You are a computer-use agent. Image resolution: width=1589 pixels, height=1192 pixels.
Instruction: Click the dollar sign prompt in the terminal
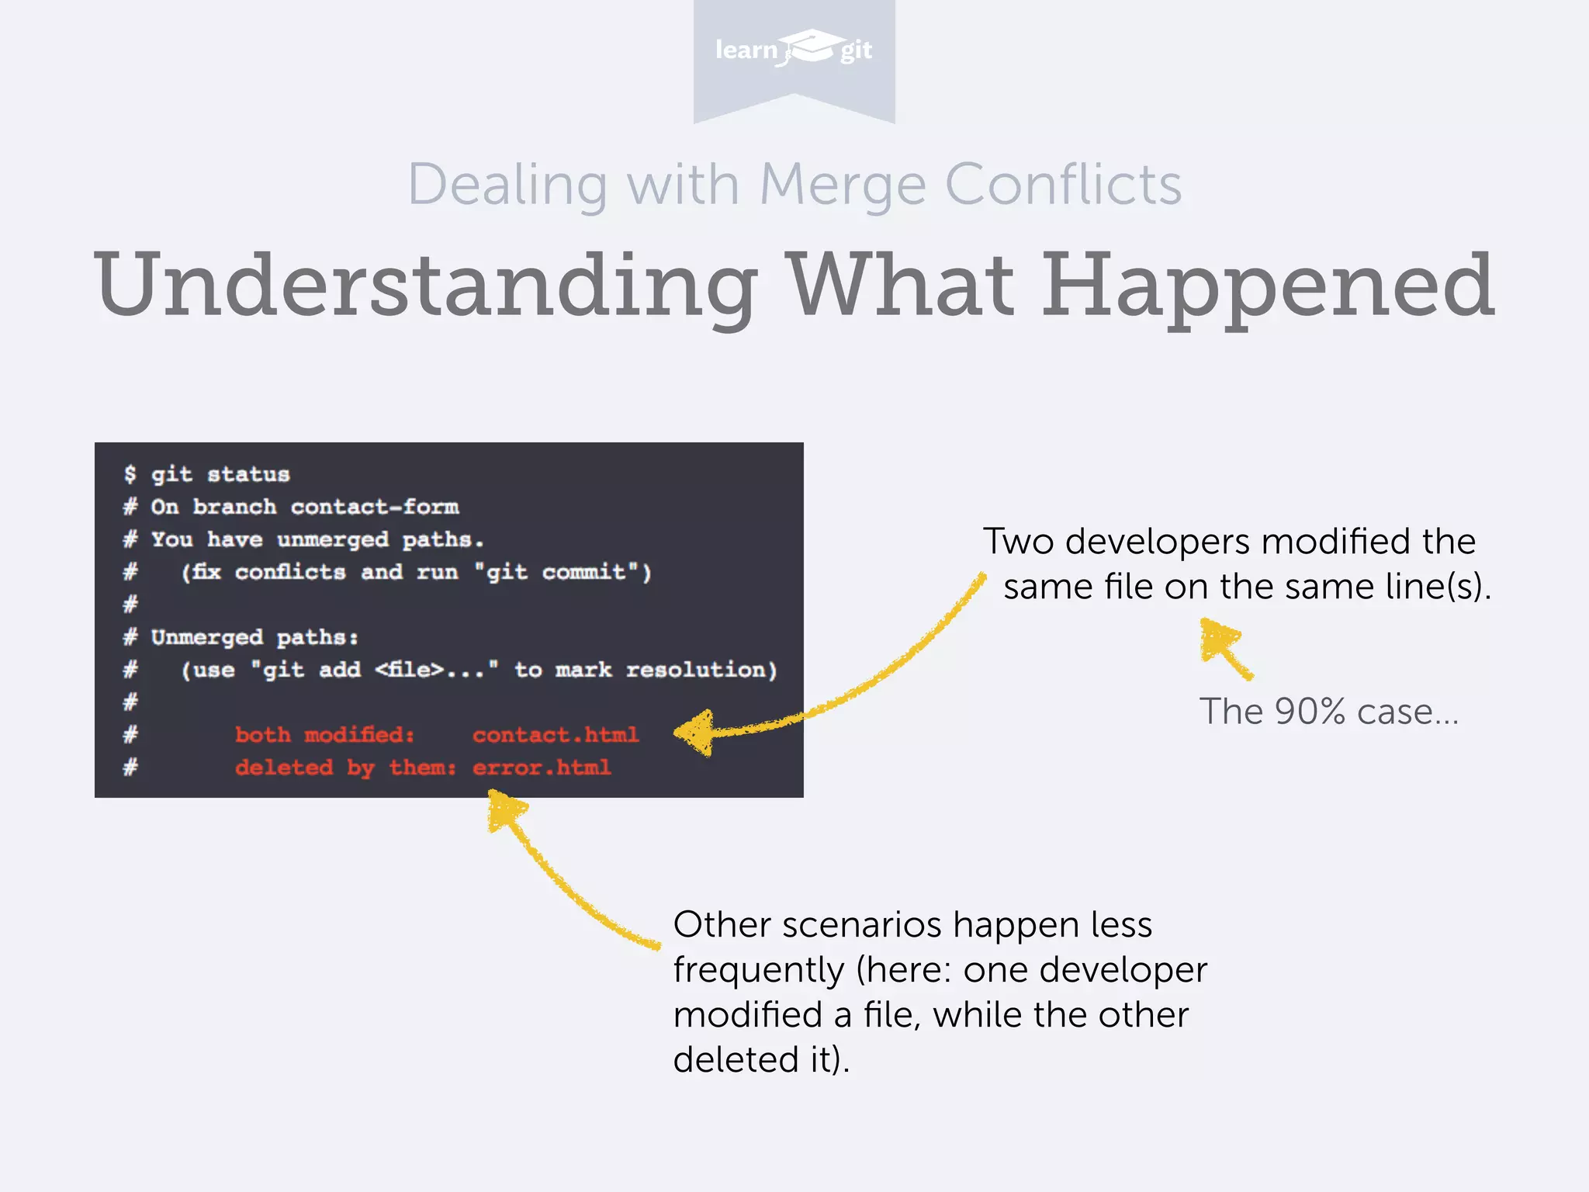tap(130, 473)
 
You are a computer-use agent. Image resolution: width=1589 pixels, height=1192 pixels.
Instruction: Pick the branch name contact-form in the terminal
tap(375, 507)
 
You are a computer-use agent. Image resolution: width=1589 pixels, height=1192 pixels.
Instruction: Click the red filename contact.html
tap(556, 734)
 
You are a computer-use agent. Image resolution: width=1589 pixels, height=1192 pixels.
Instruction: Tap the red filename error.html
tap(542, 768)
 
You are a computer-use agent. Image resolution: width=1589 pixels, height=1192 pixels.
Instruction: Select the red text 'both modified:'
tap(324, 734)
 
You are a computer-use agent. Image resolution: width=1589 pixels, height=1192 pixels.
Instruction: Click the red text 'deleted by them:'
tap(345, 768)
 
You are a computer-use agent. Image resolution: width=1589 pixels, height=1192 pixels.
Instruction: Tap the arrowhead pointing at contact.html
tap(694, 732)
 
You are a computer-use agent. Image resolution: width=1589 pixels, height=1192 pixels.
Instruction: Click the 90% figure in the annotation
tap(1309, 711)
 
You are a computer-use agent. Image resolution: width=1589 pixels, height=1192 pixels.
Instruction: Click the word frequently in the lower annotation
tap(758, 970)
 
